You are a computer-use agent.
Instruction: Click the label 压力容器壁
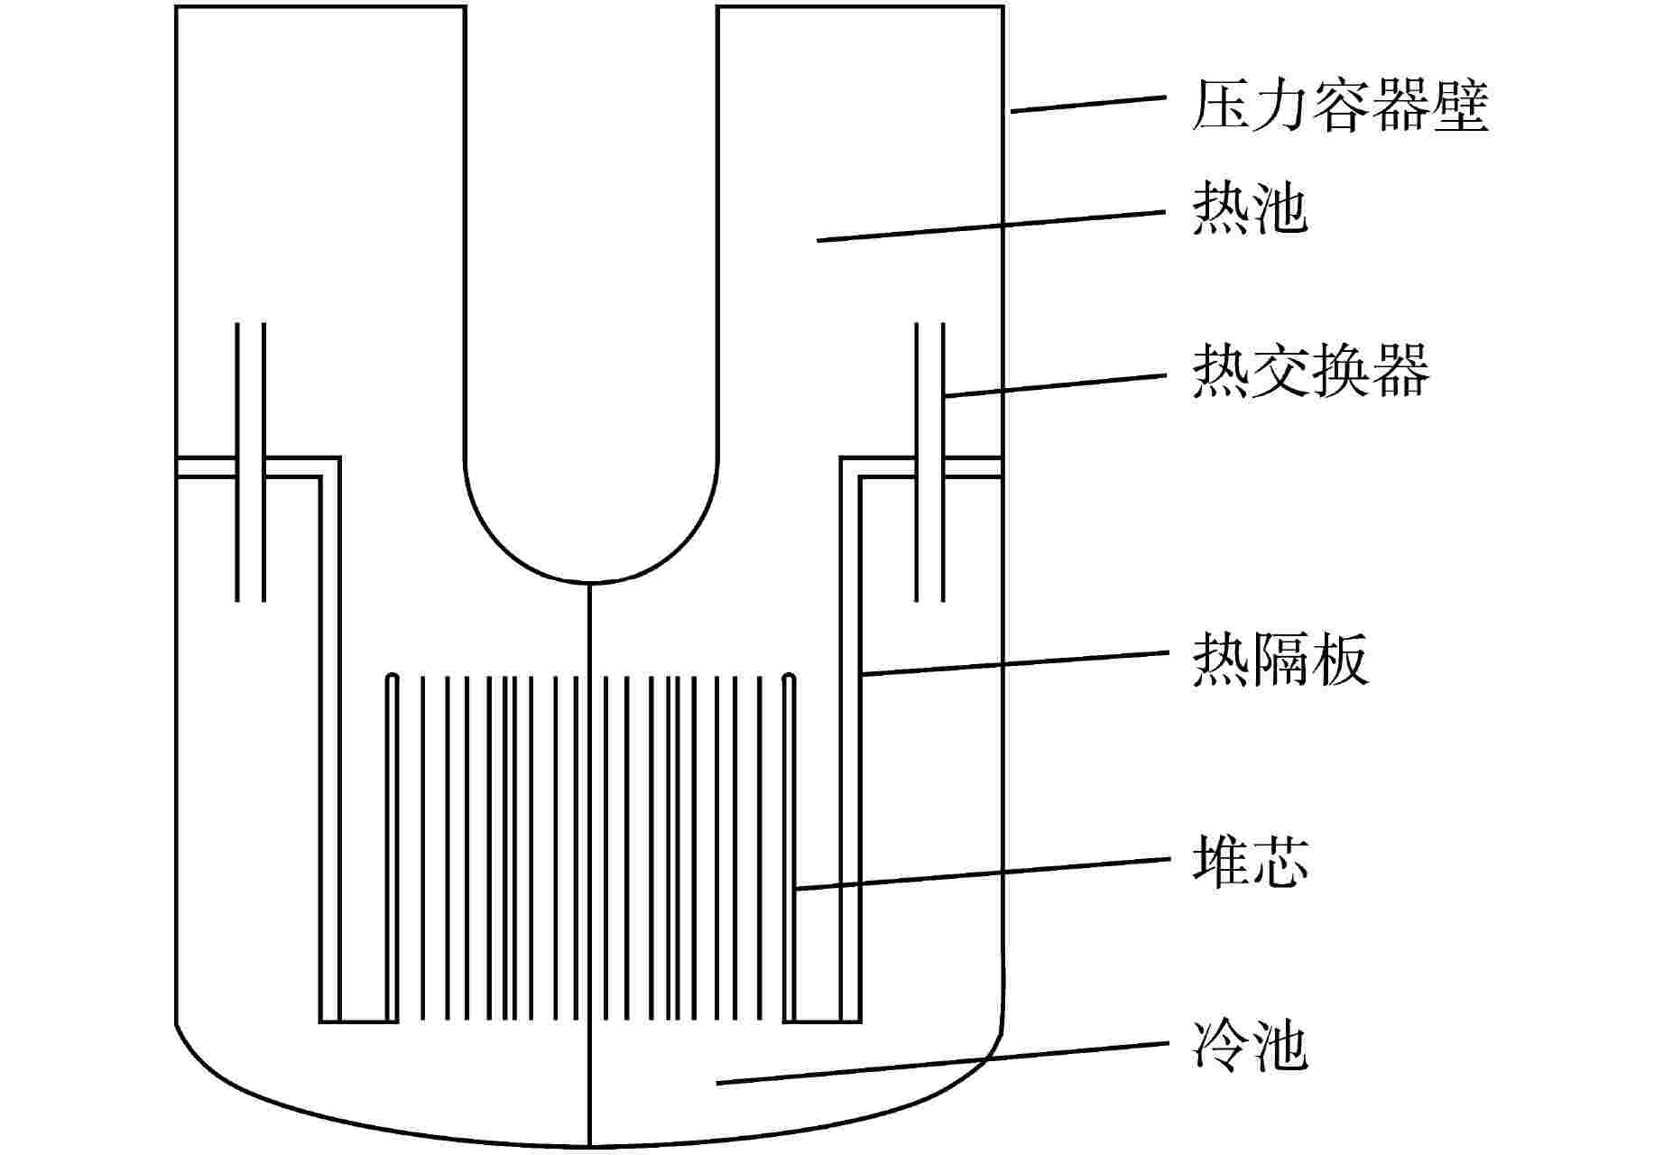tap(1339, 106)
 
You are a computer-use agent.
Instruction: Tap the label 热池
tap(1250, 210)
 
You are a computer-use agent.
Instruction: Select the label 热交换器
tap(1310, 370)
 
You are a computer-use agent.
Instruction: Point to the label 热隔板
tap(1280, 659)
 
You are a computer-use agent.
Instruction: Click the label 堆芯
tap(1250, 861)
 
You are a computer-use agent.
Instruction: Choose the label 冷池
tap(1250, 1047)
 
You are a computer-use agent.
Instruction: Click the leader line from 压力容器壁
tap(1087, 103)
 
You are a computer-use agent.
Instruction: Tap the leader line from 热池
tap(993, 226)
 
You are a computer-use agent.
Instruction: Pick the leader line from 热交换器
tap(1056, 384)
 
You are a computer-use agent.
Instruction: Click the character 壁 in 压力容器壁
tap(1459, 106)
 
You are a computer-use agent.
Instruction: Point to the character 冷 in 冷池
tap(1220, 1047)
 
